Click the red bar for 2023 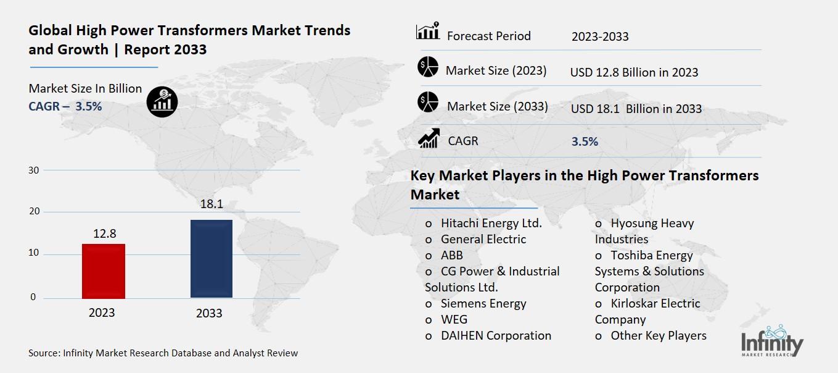coord(104,271)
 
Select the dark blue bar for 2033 coord(212,259)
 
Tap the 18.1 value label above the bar coord(212,204)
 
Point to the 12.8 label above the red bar coord(104,233)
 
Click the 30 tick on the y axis coord(35,170)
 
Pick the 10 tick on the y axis coord(35,253)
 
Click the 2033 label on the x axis coord(209,313)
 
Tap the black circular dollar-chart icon coord(162,101)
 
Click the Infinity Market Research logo coord(772,342)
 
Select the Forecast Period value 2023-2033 coord(600,36)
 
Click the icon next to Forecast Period coord(428,31)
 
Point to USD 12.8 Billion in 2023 coord(634,72)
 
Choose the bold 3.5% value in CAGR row coord(585,141)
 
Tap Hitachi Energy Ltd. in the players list coord(491,224)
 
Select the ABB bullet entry coord(451,255)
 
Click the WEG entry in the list coord(454,319)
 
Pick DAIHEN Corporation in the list coord(496,335)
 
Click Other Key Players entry coord(658,335)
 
